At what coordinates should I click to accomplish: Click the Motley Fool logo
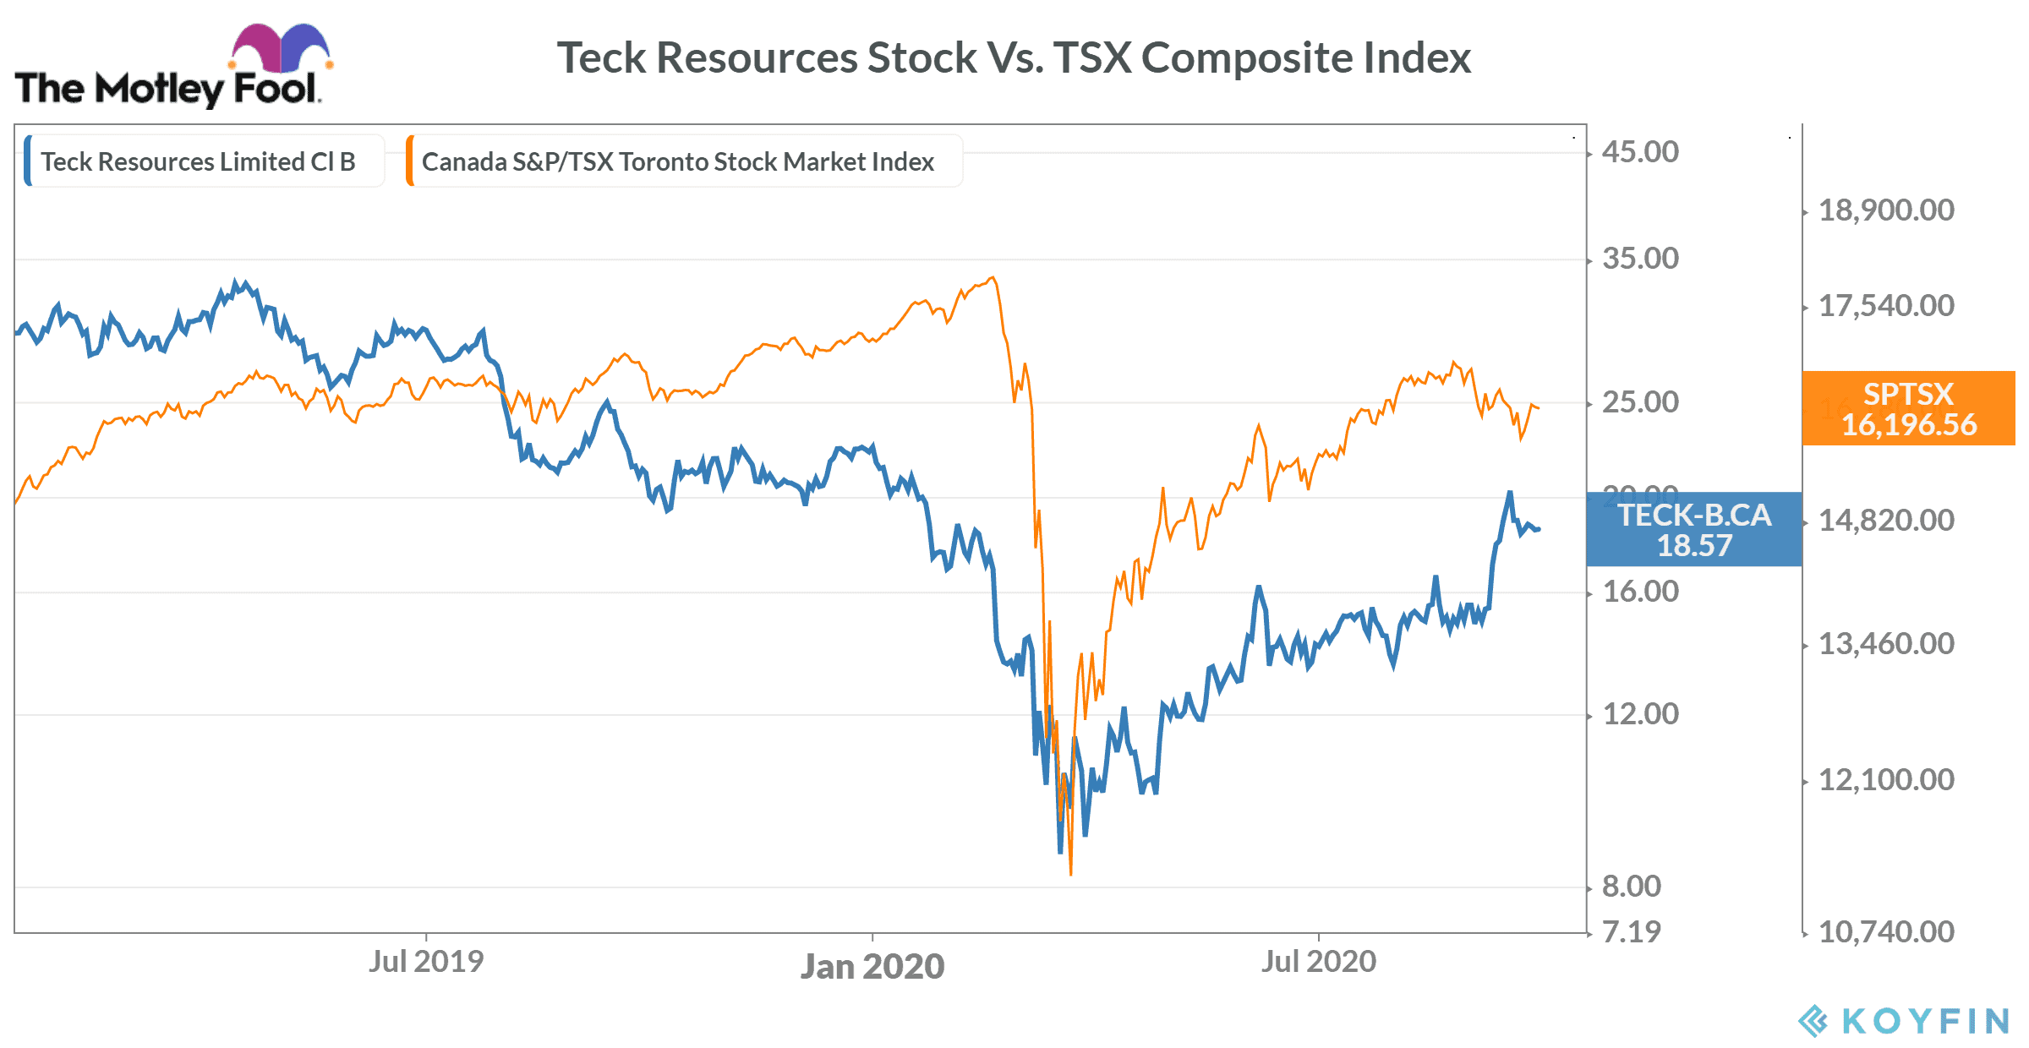coord(173,68)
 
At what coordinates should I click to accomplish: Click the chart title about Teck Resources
coord(1013,58)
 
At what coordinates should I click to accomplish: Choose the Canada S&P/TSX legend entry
coord(677,161)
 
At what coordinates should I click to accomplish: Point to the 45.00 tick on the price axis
coord(1640,152)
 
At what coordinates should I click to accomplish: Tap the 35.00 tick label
coord(1640,259)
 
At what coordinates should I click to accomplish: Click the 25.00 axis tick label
coord(1640,402)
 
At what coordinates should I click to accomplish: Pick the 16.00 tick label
coord(1640,592)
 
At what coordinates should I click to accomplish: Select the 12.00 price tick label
coord(1640,714)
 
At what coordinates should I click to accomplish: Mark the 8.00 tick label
coord(1632,887)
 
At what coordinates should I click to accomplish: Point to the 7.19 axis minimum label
coord(1632,932)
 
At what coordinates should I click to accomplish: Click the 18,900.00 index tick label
coord(1886,210)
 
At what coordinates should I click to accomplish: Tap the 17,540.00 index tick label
coord(1886,306)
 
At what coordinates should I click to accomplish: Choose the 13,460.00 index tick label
coord(1886,644)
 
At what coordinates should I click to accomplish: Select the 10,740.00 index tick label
coord(1886,932)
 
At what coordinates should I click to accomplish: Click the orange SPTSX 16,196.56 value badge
coord(1908,408)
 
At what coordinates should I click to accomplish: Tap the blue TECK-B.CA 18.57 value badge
coord(1694,529)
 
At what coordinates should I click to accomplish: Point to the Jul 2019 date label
coord(425,961)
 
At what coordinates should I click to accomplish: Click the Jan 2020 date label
coord(872,966)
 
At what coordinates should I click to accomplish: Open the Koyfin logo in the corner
coord(1904,1021)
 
